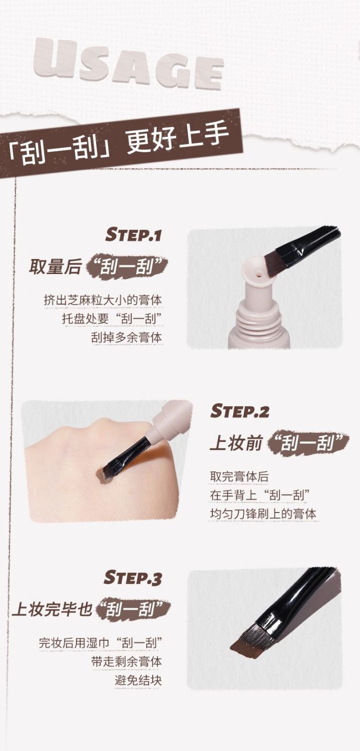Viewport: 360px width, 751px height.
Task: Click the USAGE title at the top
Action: [x=128, y=63]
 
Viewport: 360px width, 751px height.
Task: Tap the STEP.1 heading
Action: [x=133, y=234]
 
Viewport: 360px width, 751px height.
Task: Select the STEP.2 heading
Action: [x=240, y=411]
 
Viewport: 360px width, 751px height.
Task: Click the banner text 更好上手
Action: [x=178, y=135]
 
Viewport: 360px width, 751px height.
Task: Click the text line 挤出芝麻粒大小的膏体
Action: [x=103, y=300]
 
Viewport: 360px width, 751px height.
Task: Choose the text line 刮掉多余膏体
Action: [x=126, y=337]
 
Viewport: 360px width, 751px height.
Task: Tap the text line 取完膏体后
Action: [x=239, y=476]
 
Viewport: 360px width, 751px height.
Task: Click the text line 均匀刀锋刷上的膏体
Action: [x=263, y=514]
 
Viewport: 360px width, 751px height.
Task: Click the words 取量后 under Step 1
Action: [x=55, y=267]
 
